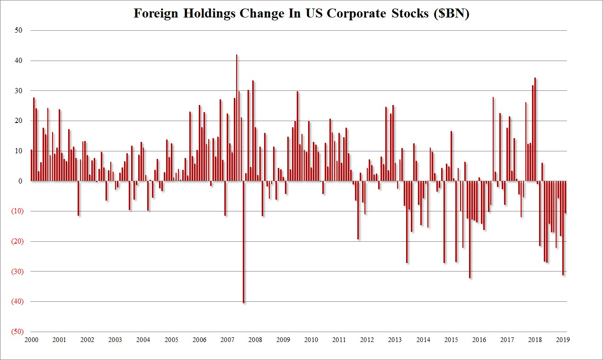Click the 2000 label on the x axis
pos(31,340)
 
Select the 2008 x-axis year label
pos(255,340)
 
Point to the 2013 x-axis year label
pos(395,340)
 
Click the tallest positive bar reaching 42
pos(237,118)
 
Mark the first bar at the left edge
pos(32,165)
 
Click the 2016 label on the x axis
pos(479,340)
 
